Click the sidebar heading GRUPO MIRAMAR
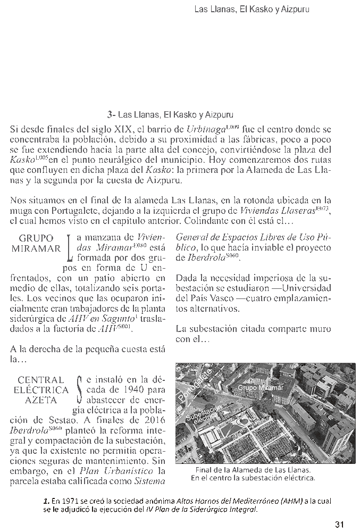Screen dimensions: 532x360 (x=36, y=243)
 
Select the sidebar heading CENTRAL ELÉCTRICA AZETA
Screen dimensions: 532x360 (x=40, y=390)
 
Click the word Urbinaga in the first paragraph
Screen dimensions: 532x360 (x=204, y=129)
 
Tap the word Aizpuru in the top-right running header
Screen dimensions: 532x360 (x=295, y=9)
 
